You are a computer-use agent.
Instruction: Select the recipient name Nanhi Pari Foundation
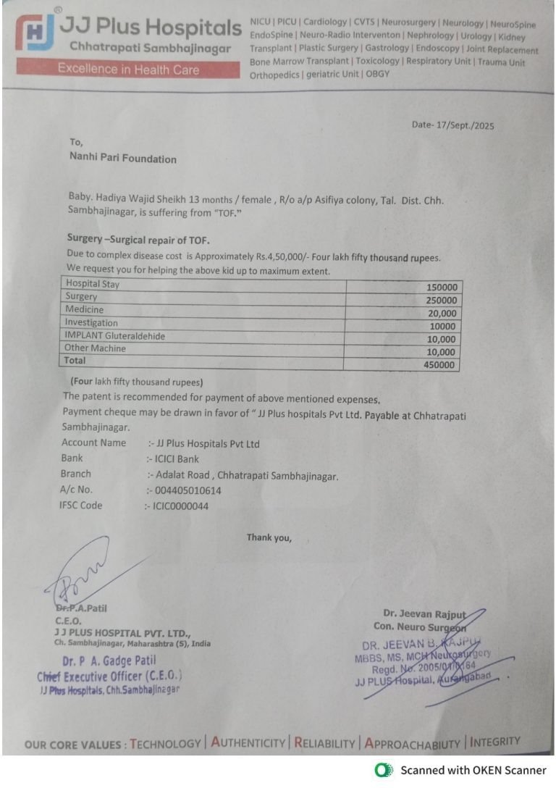[x=122, y=159]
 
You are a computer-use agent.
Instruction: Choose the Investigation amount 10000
[x=443, y=327]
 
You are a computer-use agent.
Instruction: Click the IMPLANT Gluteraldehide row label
[x=115, y=335]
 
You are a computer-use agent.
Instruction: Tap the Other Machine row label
[x=95, y=348]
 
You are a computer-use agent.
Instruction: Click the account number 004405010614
[x=188, y=490]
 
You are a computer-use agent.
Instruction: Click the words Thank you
[x=269, y=537]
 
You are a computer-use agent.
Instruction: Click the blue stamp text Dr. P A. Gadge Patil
[x=109, y=661]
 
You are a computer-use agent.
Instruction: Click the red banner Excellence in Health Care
[x=129, y=70]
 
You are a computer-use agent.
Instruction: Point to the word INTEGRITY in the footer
[x=495, y=741]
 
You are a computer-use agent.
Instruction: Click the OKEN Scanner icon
[x=384, y=770]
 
